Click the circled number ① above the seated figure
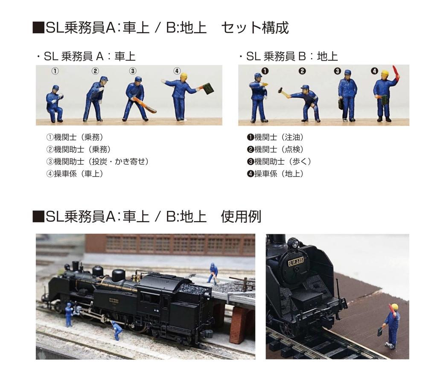pyautogui.click(x=55, y=71)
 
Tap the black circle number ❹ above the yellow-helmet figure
pyautogui.click(x=374, y=71)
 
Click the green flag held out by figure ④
pyautogui.click(x=208, y=88)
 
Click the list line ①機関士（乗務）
pyautogui.click(x=75, y=137)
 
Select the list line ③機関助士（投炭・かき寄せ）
pyautogui.click(x=98, y=162)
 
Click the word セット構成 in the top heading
pyautogui.click(x=255, y=28)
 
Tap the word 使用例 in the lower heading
pyautogui.click(x=241, y=217)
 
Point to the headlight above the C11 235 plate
pyautogui.click(x=293, y=244)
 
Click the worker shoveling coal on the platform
pyautogui.click(x=213, y=273)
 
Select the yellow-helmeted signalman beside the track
pyautogui.click(x=391, y=324)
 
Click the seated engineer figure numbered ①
pyautogui.click(x=55, y=104)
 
